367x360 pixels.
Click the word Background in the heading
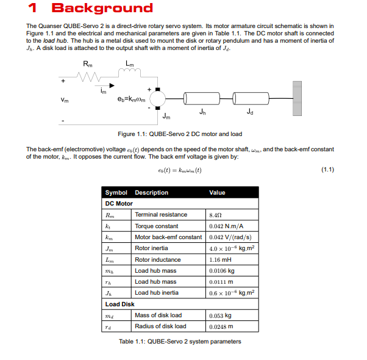tap(102, 9)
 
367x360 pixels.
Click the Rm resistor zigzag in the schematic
tap(88, 77)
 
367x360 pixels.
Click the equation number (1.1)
tap(327, 170)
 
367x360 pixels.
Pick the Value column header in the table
tap(217, 193)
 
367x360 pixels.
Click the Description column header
tap(151, 193)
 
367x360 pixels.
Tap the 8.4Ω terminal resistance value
tap(215, 215)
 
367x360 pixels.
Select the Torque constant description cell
tap(157, 226)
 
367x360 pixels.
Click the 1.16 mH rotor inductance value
tap(219, 259)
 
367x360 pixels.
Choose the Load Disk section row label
tap(120, 304)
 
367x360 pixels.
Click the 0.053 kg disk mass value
tap(220, 315)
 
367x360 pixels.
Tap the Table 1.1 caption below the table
tap(180, 341)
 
